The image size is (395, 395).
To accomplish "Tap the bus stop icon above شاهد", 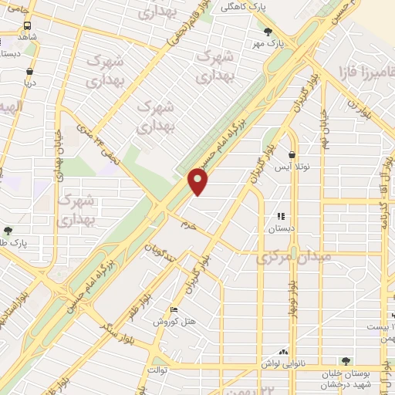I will pyautogui.click(x=28, y=24).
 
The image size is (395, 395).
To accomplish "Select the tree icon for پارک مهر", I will pyautogui.click(x=268, y=32).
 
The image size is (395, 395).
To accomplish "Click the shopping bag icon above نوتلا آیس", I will pyautogui.click(x=292, y=154).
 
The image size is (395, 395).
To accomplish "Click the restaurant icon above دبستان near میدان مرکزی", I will pyautogui.click(x=281, y=217).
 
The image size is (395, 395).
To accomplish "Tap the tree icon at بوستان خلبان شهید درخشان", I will pyautogui.click(x=346, y=360).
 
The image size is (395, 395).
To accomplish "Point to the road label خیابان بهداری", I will pyautogui.click(x=59, y=147).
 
